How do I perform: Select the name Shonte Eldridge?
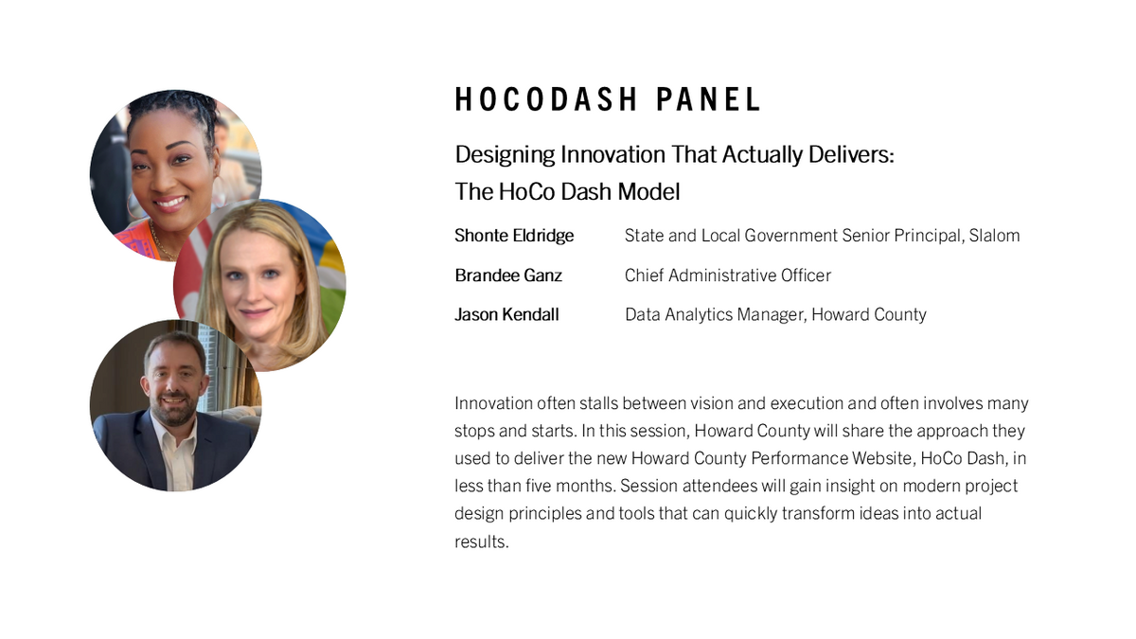pos(514,236)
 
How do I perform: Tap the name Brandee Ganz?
pos(508,275)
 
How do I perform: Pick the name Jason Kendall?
pos(506,314)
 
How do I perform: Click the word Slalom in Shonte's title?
pos(994,236)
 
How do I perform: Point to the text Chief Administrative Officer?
pos(727,275)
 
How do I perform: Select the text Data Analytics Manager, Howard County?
pos(775,314)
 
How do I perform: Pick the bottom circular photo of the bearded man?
pos(175,405)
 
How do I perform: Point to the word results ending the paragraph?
pos(481,542)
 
